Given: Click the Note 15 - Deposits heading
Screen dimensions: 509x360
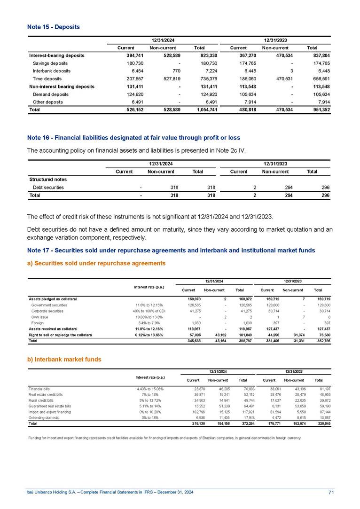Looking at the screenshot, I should (x=53, y=27).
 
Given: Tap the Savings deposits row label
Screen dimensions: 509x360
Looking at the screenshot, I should (x=50, y=63).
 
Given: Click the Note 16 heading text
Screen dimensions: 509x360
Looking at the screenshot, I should (x=133, y=138).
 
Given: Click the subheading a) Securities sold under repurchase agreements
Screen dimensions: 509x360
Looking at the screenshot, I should (x=96, y=263).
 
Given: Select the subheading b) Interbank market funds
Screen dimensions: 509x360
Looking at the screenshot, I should (x=64, y=359).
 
